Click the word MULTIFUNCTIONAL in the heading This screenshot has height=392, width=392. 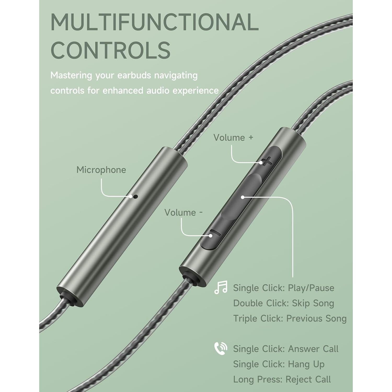(x=154, y=22)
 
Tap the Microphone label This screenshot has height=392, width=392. (x=101, y=170)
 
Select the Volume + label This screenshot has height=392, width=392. (x=233, y=138)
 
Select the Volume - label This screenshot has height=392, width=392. (x=183, y=212)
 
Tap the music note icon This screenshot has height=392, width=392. (x=221, y=287)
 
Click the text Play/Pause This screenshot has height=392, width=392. (x=311, y=288)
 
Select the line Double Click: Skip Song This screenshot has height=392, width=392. (x=284, y=303)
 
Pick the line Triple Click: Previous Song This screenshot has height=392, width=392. (x=290, y=319)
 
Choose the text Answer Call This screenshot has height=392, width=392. (x=313, y=349)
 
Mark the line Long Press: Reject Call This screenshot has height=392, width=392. (x=282, y=379)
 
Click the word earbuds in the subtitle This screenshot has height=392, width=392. (x=134, y=75)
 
